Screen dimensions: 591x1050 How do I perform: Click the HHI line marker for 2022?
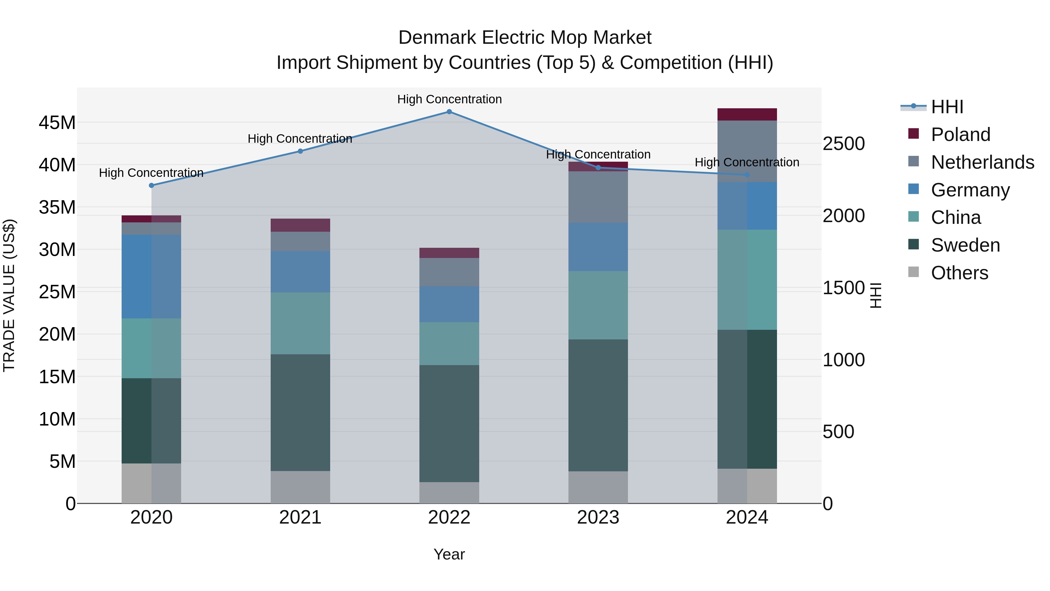click(x=449, y=112)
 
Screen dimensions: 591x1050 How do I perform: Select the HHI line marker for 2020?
click(x=152, y=186)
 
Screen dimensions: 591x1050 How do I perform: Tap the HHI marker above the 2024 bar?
click(x=747, y=175)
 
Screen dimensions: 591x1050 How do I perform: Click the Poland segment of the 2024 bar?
click(x=747, y=115)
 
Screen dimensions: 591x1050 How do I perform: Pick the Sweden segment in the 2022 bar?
click(x=449, y=423)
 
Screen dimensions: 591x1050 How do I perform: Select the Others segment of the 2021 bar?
click(x=300, y=487)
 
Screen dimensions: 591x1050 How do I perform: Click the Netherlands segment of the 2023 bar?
click(x=598, y=197)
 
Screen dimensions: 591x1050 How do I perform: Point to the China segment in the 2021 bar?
click(x=300, y=323)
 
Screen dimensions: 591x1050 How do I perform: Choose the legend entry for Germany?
click(x=970, y=190)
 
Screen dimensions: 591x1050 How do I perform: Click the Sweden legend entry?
click(x=965, y=245)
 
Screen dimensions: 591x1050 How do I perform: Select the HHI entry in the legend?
click(x=947, y=107)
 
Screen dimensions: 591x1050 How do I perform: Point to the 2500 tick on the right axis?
click(x=843, y=144)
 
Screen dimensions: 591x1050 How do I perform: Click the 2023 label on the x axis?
click(x=598, y=517)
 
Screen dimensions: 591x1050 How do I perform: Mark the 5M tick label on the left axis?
click(x=62, y=461)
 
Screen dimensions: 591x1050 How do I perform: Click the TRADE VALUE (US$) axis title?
click(x=9, y=295)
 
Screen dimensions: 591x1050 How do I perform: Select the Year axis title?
click(x=449, y=554)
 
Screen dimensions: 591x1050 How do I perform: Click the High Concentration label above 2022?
click(x=449, y=99)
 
